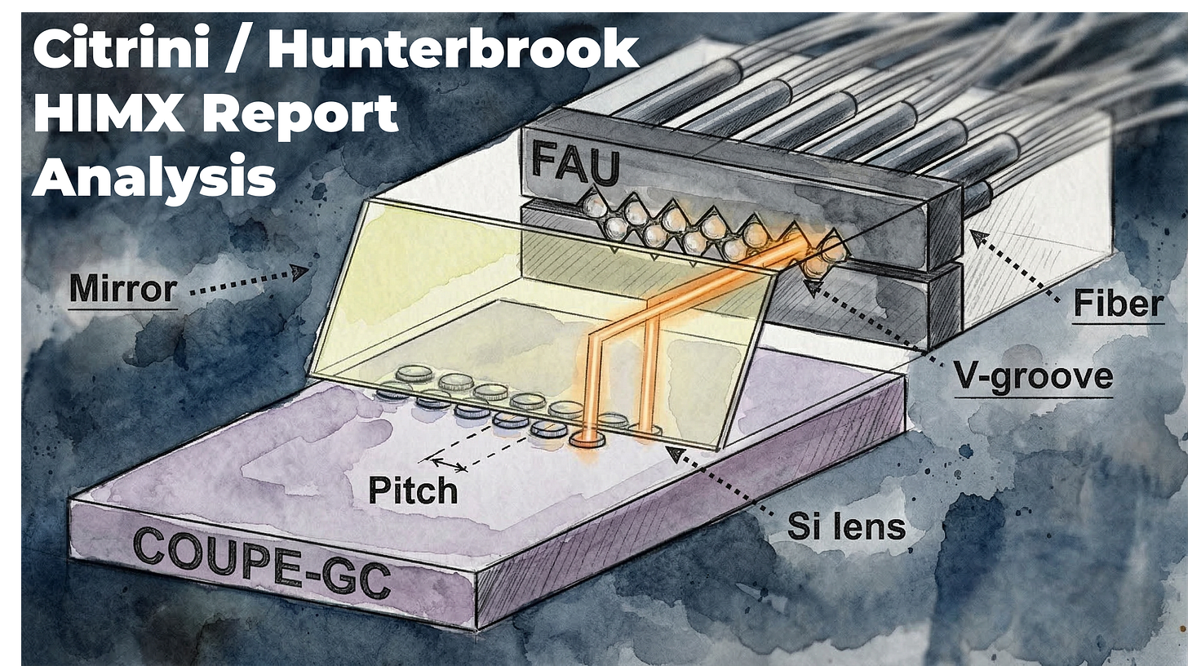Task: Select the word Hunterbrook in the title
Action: [x=453, y=51]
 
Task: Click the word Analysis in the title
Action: [x=154, y=177]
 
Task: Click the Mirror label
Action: [x=122, y=289]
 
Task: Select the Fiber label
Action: [x=1117, y=304]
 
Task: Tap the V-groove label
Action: [x=1033, y=376]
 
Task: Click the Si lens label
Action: [x=846, y=526]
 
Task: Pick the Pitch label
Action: [x=412, y=490]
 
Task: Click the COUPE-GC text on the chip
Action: [x=260, y=563]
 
